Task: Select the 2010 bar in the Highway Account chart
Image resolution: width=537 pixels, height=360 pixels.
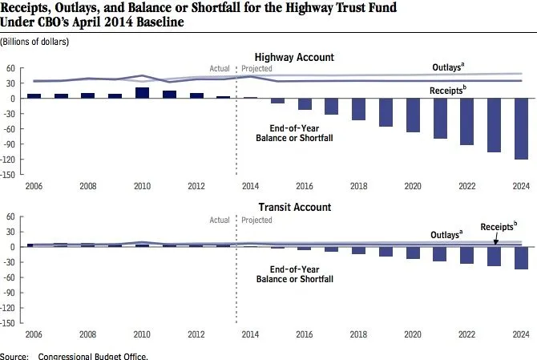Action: pos(143,92)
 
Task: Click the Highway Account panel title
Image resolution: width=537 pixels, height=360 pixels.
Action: pos(294,58)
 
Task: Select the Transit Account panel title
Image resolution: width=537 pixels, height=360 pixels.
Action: pos(294,208)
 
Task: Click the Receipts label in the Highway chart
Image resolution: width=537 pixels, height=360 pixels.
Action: pos(446,91)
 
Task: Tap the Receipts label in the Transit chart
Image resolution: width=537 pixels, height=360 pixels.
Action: pos(499,227)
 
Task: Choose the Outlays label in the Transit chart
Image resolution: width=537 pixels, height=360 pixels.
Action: pos(443,234)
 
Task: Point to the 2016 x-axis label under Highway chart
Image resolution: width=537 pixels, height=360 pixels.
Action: pos(305,185)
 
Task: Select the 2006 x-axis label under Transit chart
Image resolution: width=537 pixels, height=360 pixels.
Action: pos(34,334)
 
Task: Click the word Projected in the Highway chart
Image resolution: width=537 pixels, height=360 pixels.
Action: pos(257,69)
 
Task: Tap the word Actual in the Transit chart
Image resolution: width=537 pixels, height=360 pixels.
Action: pos(219,220)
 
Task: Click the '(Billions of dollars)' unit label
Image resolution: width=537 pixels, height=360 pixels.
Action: pos(34,40)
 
